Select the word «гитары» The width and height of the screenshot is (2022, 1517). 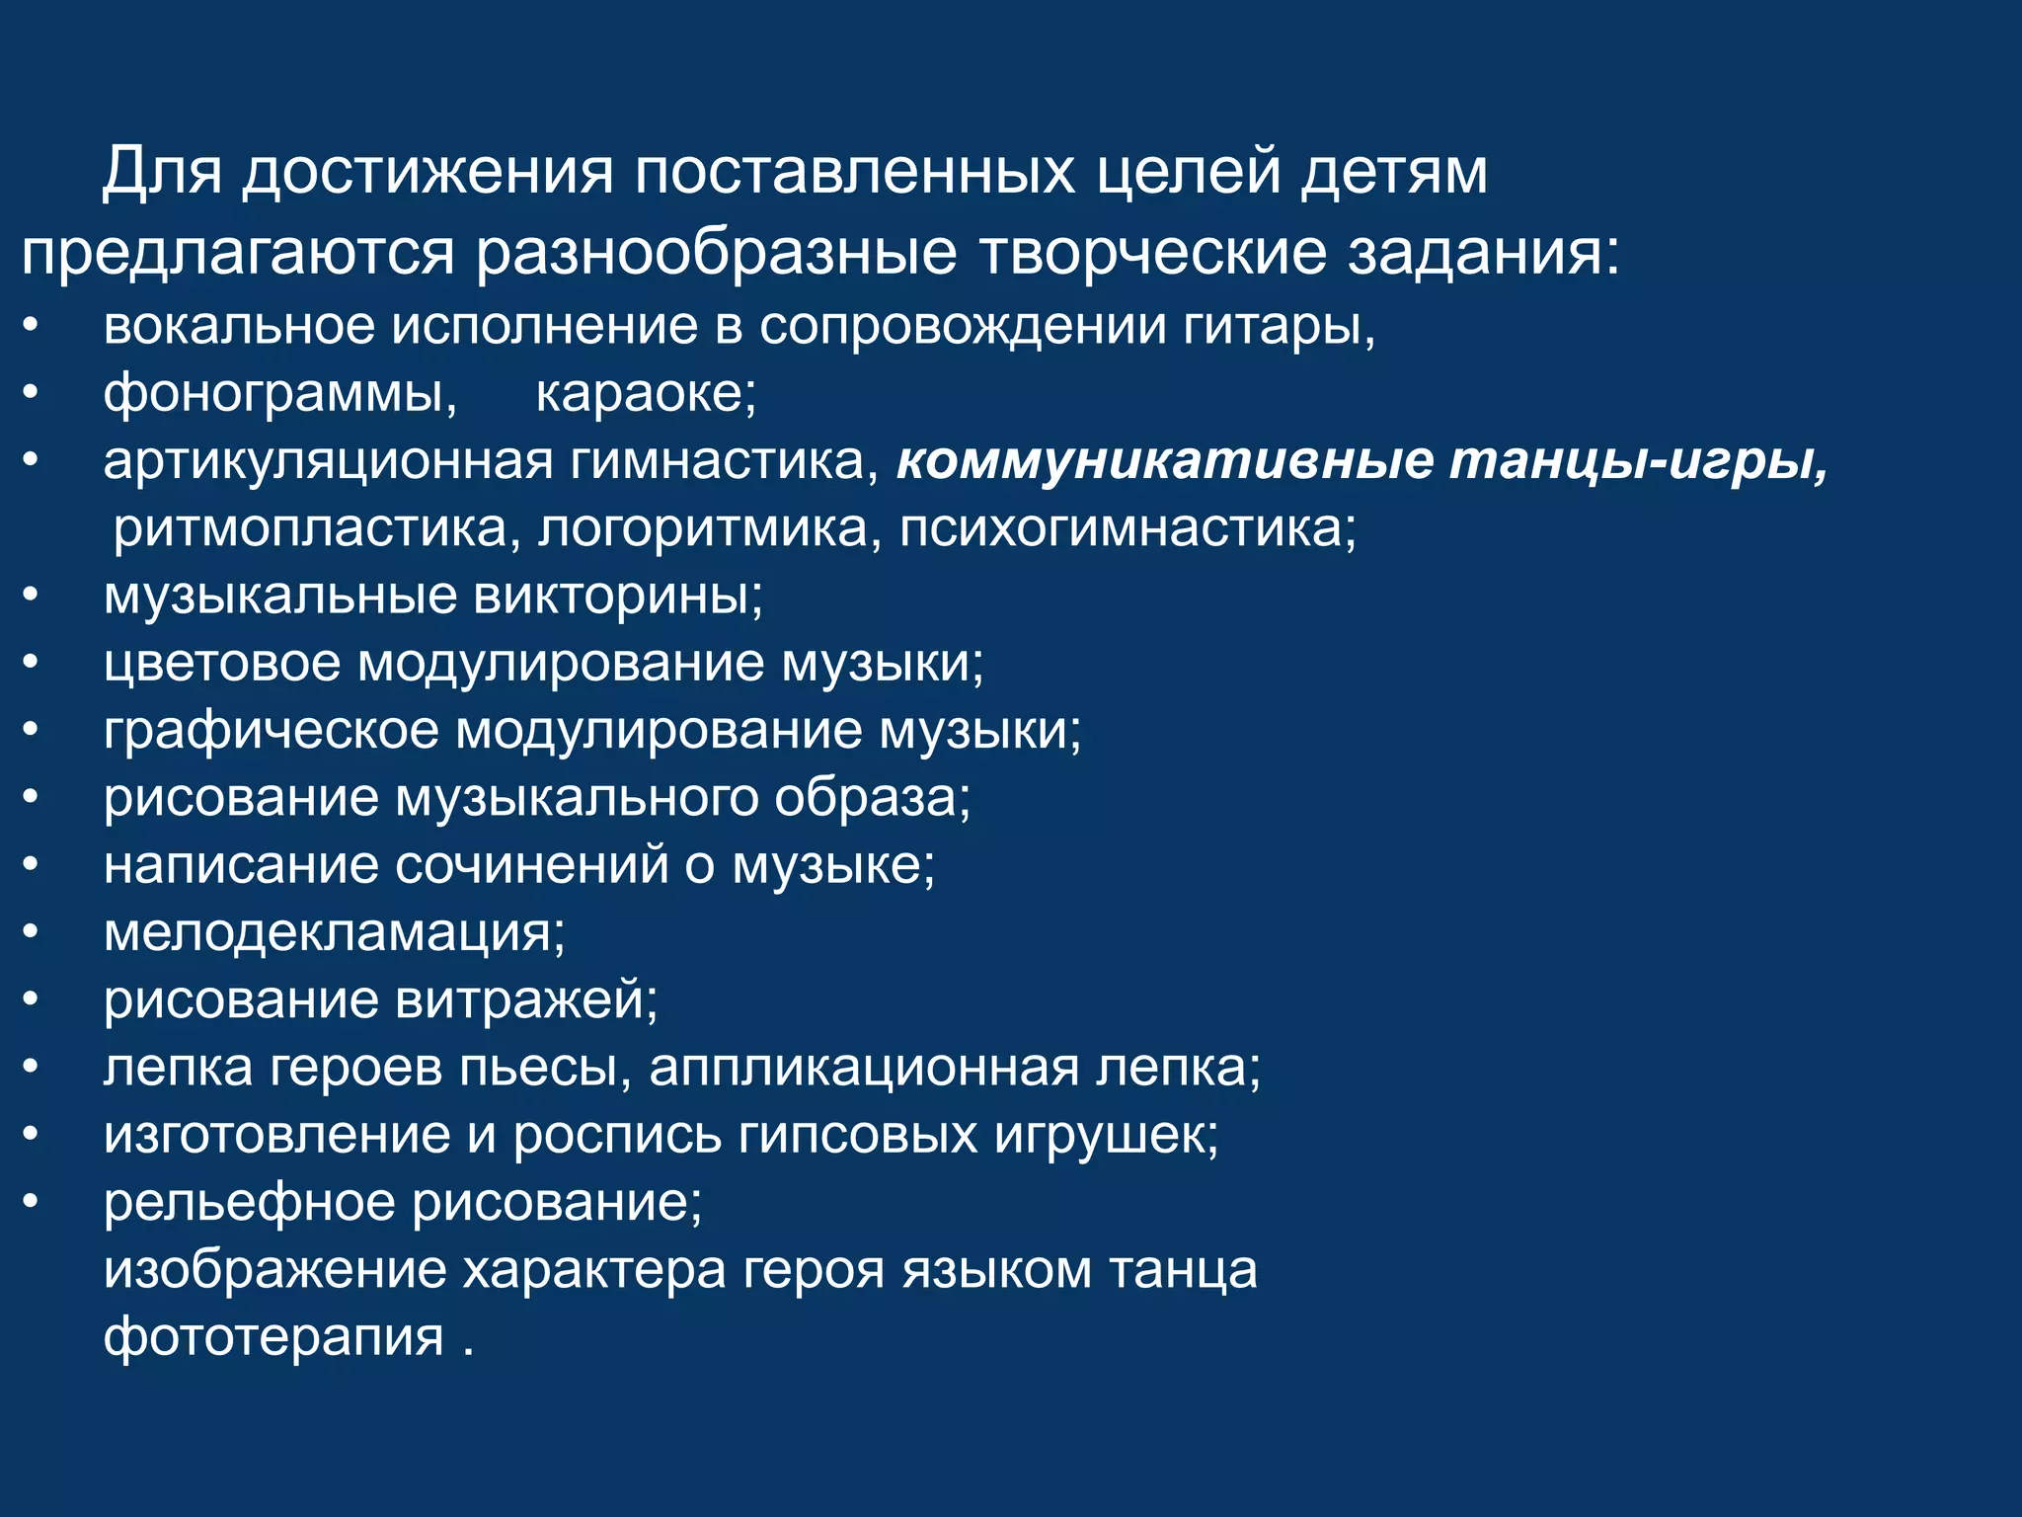(1279, 327)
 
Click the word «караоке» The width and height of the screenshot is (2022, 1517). (645, 394)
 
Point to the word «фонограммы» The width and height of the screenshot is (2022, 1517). (279, 394)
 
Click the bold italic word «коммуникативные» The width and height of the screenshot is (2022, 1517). (1165, 461)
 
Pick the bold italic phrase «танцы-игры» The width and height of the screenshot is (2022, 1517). (1639, 461)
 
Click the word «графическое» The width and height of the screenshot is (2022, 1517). (272, 731)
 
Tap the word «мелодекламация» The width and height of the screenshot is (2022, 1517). (334, 932)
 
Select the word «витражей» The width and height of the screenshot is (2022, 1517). (526, 999)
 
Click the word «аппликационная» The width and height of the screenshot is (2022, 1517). (864, 1068)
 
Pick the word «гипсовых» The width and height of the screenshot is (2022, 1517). (858, 1135)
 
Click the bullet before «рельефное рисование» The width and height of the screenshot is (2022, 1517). (32, 1202)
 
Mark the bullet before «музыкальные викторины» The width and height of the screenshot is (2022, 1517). (32, 596)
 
